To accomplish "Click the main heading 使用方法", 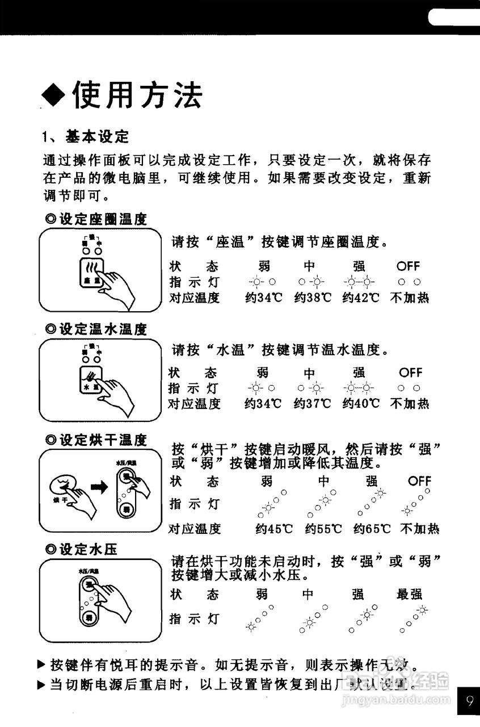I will click(136, 94).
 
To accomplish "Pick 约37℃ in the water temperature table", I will click(312, 404).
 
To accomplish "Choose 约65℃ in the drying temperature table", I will click(372, 529).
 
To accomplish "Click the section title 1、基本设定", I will click(86, 136).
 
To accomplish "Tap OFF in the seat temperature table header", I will click(409, 266).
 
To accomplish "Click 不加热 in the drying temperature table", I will click(420, 529).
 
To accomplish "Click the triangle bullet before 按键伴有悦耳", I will click(41, 663).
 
